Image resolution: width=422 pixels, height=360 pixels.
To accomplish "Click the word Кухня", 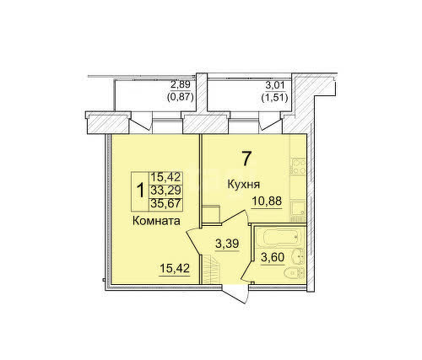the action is click(x=243, y=185).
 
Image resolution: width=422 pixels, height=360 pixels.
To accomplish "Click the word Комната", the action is click(x=156, y=221).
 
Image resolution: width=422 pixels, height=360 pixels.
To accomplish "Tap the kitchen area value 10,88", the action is click(x=267, y=201).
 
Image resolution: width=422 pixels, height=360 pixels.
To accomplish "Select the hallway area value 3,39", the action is click(x=227, y=244).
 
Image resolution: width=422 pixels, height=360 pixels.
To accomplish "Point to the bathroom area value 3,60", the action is click(x=273, y=257).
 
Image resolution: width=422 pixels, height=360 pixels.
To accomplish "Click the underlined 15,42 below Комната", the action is click(x=175, y=269).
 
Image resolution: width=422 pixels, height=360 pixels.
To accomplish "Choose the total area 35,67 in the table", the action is click(x=165, y=203).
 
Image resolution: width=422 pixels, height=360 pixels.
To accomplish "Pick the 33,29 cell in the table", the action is click(x=165, y=191).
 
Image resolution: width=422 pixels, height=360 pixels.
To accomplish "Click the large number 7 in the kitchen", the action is click(x=246, y=159).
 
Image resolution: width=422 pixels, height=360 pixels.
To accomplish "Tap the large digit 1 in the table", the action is click(x=140, y=191).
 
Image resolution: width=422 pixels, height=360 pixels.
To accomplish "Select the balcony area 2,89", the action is click(x=181, y=84).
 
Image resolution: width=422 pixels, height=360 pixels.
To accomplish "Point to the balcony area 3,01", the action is click(x=275, y=84).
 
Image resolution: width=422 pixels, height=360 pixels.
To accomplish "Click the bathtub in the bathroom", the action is click(x=279, y=237).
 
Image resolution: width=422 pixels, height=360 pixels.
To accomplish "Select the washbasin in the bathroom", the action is click(x=298, y=256).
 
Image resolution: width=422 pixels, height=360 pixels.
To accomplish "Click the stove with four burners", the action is click(x=299, y=167).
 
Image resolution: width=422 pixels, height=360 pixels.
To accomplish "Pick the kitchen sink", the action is click(x=298, y=207).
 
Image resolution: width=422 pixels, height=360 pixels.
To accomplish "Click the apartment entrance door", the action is click(x=235, y=293).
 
